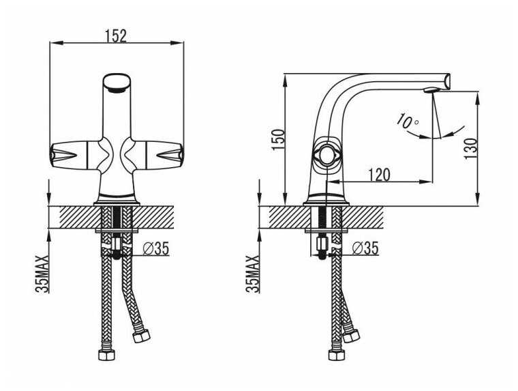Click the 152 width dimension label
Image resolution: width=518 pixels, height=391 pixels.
[x=116, y=36]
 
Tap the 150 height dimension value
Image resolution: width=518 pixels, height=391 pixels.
[x=278, y=140]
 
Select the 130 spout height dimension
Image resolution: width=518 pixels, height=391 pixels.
[x=471, y=149]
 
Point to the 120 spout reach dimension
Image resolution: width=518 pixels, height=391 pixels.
[x=379, y=175]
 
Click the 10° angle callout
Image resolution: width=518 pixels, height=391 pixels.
[x=408, y=121]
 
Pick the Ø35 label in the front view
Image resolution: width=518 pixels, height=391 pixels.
[x=156, y=249]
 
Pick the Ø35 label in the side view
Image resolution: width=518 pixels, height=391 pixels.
[x=365, y=248]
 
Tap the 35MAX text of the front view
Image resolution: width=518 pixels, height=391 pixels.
[x=42, y=274]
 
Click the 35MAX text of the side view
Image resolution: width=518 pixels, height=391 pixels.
[x=253, y=274]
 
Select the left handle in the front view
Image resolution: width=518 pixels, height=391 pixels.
[x=74, y=155]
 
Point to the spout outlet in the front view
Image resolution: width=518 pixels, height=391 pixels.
[x=117, y=87]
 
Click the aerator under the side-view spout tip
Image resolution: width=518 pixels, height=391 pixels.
[x=430, y=89]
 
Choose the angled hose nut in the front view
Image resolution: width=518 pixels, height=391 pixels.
[x=141, y=336]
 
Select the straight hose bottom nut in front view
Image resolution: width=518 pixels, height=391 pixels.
[x=106, y=355]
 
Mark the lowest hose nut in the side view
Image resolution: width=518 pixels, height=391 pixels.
[x=337, y=355]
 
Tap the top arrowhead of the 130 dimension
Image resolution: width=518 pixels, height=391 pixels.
[x=477, y=98]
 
